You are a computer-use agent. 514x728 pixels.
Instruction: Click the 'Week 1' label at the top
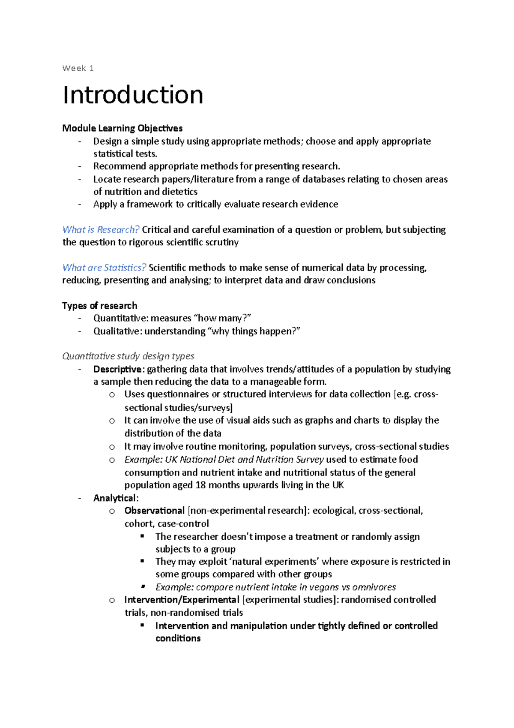(x=78, y=68)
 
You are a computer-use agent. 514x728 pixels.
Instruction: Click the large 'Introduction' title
(x=133, y=95)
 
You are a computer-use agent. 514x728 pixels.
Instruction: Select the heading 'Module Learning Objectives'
(x=122, y=128)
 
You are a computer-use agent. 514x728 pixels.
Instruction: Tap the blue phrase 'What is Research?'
(x=101, y=230)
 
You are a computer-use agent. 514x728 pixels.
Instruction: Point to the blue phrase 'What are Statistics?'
(x=104, y=268)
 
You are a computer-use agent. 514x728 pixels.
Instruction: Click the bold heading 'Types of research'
(x=99, y=306)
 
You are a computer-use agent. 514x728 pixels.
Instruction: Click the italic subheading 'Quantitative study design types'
(x=128, y=356)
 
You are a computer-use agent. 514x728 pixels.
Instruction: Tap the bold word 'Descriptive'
(x=117, y=369)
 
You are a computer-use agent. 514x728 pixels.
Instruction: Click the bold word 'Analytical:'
(x=116, y=498)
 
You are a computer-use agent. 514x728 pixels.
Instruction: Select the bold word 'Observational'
(x=154, y=511)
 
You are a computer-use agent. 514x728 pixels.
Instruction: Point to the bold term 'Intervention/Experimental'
(x=182, y=600)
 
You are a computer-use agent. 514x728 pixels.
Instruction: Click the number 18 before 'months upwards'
(x=200, y=485)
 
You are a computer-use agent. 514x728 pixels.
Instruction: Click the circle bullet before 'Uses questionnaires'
(x=112, y=395)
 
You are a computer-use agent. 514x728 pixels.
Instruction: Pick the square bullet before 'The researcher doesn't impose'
(x=143, y=536)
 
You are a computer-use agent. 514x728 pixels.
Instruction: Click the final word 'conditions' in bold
(x=178, y=638)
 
